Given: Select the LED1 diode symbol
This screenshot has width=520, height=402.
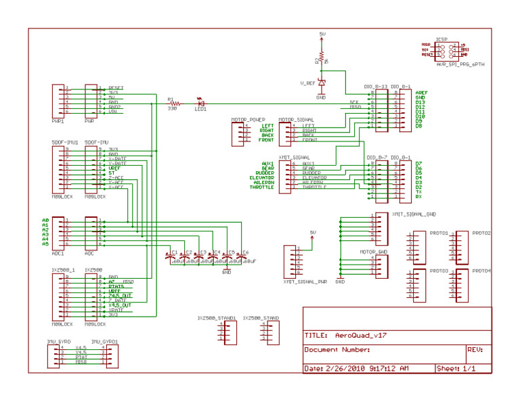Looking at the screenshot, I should pyautogui.click(x=201, y=103).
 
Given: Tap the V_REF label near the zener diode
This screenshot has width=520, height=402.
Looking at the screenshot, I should pyautogui.click(x=307, y=83).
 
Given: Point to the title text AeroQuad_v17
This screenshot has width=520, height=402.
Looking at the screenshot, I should pyautogui.click(x=361, y=335).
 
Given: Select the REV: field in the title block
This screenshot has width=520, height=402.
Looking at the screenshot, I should pyautogui.click(x=475, y=350).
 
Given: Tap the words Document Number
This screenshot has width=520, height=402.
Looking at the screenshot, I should pyautogui.click(x=337, y=350).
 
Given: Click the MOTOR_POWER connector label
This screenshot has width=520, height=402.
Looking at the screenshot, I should pyautogui.click(x=247, y=119).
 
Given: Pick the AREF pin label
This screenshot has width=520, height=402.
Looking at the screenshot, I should pyautogui.click(x=421, y=93).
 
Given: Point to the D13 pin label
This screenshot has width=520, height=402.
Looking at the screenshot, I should pyautogui.click(x=420, y=102).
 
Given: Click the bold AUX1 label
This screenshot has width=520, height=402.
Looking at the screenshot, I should pyautogui.click(x=267, y=163).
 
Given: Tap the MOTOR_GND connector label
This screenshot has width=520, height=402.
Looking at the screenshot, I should pyautogui.click(x=373, y=252).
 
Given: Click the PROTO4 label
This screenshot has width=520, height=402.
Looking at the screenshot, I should pyautogui.click(x=481, y=271).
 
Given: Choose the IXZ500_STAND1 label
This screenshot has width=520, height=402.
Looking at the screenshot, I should pyautogui.click(x=217, y=317).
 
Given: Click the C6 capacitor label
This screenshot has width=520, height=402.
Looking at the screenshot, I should pyautogui.click(x=246, y=252).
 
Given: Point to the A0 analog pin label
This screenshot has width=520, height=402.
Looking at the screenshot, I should pyautogui.click(x=45, y=220).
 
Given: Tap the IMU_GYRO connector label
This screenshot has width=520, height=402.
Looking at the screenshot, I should pyautogui.click(x=60, y=342).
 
